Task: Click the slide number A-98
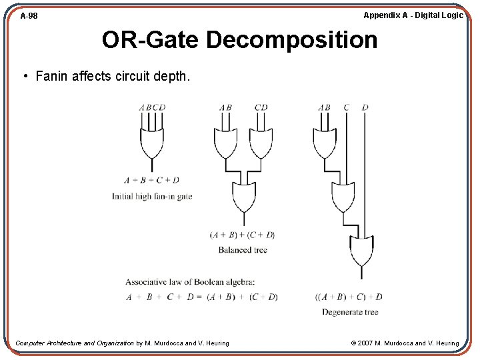pyautogui.click(x=29, y=15)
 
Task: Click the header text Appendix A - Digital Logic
pyautogui.click(x=413, y=15)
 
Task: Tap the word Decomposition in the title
pyautogui.click(x=291, y=40)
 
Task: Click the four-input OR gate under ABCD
pyautogui.click(x=152, y=142)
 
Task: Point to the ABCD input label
pyautogui.click(x=152, y=107)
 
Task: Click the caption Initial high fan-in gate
pyautogui.click(x=152, y=196)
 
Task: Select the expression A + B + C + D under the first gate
pyautogui.click(x=152, y=180)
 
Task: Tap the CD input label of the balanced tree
pyautogui.click(x=261, y=107)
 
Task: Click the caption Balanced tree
pyautogui.click(x=243, y=250)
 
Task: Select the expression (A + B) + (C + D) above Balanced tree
pyautogui.click(x=243, y=235)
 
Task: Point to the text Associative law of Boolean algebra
pyautogui.click(x=190, y=282)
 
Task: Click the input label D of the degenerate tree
pyautogui.click(x=365, y=107)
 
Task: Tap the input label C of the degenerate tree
pyautogui.click(x=347, y=107)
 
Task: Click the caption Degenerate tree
pyautogui.click(x=350, y=312)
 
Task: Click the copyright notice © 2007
pyautogui.click(x=405, y=343)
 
